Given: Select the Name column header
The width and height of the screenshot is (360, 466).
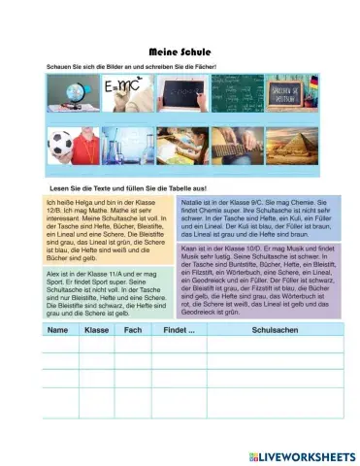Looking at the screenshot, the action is (x=57, y=331).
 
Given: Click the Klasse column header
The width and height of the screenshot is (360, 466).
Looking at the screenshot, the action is (x=96, y=331).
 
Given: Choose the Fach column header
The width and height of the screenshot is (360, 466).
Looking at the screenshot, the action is (x=133, y=331).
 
